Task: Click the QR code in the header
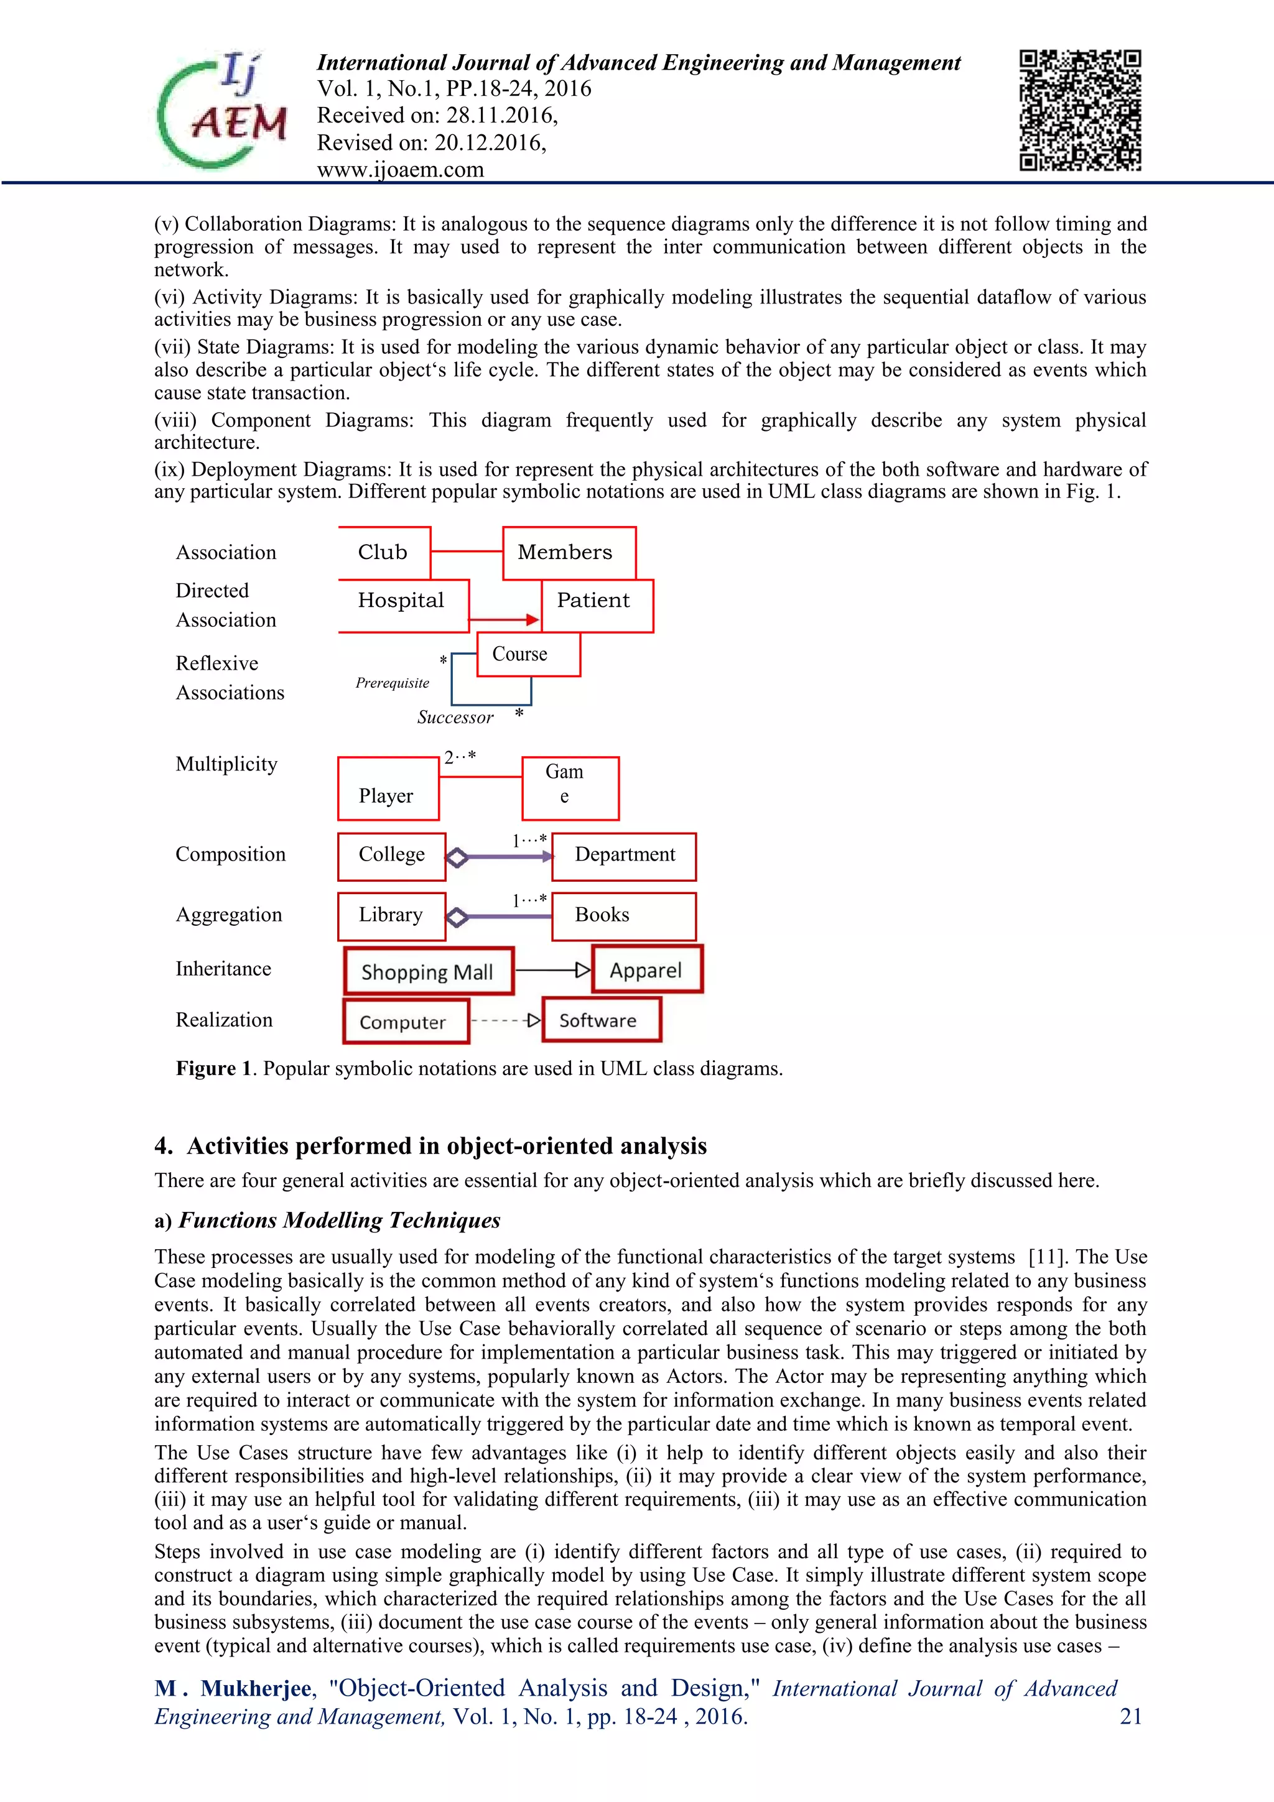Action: [x=1079, y=110]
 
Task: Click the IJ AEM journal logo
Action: [x=222, y=110]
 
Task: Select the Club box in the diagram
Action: [x=384, y=553]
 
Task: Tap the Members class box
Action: [x=569, y=553]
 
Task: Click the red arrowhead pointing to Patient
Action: [x=533, y=620]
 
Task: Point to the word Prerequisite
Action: [x=393, y=683]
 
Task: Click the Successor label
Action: [x=455, y=718]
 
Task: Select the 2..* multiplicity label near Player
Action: [x=460, y=757]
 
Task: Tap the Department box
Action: [x=624, y=856]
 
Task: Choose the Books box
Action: [x=624, y=916]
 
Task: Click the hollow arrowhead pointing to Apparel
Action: [x=582, y=970]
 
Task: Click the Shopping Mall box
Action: [x=429, y=972]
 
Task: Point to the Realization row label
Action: [x=225, y=1020]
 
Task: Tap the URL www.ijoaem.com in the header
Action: [x=401, y=170]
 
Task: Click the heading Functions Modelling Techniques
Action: [x=339, y=1221]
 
